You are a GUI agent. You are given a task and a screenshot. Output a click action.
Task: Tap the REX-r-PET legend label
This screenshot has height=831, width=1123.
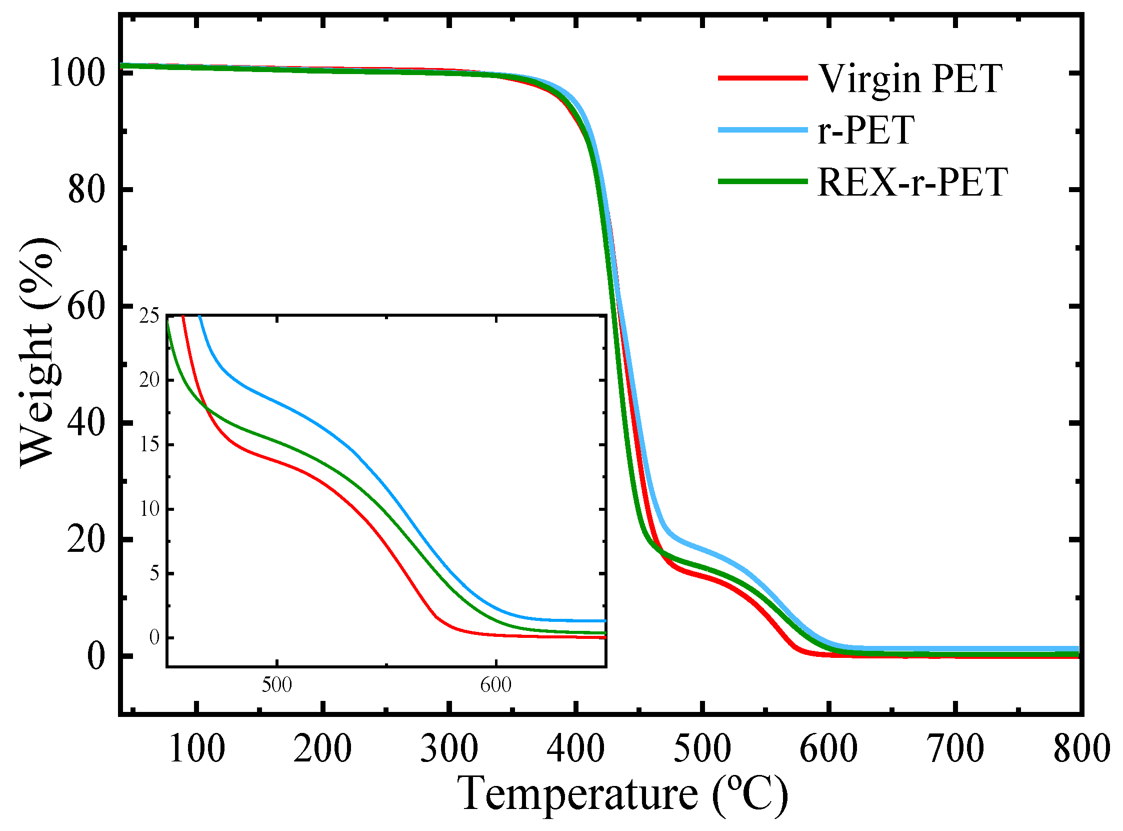pyautogui.click(x=913, y=182)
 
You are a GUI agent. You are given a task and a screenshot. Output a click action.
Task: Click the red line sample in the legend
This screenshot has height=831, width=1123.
pyautogui.click(x=762, y=78)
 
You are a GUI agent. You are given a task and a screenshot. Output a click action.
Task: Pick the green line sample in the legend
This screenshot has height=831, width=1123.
pyautogui.click(x=762, y=181)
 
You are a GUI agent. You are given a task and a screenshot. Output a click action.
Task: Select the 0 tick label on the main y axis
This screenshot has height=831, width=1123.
pyautogui.click(x=96, y=656)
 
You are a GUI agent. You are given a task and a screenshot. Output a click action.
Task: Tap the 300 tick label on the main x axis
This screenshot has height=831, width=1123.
pyautogui.click(x=449, y=749)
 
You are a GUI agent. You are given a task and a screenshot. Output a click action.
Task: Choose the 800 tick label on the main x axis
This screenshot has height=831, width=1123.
pyautogui.click(x=1081, y=749)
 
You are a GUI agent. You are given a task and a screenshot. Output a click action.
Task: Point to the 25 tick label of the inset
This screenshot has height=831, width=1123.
pyautogui.click(x=149, y=316)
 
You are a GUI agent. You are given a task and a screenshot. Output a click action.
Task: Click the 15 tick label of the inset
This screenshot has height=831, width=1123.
pyautogui.click(x=149, y=445)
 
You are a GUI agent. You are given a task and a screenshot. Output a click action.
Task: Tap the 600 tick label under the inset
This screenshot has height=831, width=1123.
pyautogui.click(x=495, y=685)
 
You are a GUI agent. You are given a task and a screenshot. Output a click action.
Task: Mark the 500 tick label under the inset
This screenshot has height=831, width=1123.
pyautogui.click(x=276, y=685)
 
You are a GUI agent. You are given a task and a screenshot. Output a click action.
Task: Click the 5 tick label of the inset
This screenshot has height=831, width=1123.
pyautogui.click(x=154, y=573)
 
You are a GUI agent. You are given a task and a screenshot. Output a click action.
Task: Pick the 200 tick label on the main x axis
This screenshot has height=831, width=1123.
pyautogui.click(x=322, y=749)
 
